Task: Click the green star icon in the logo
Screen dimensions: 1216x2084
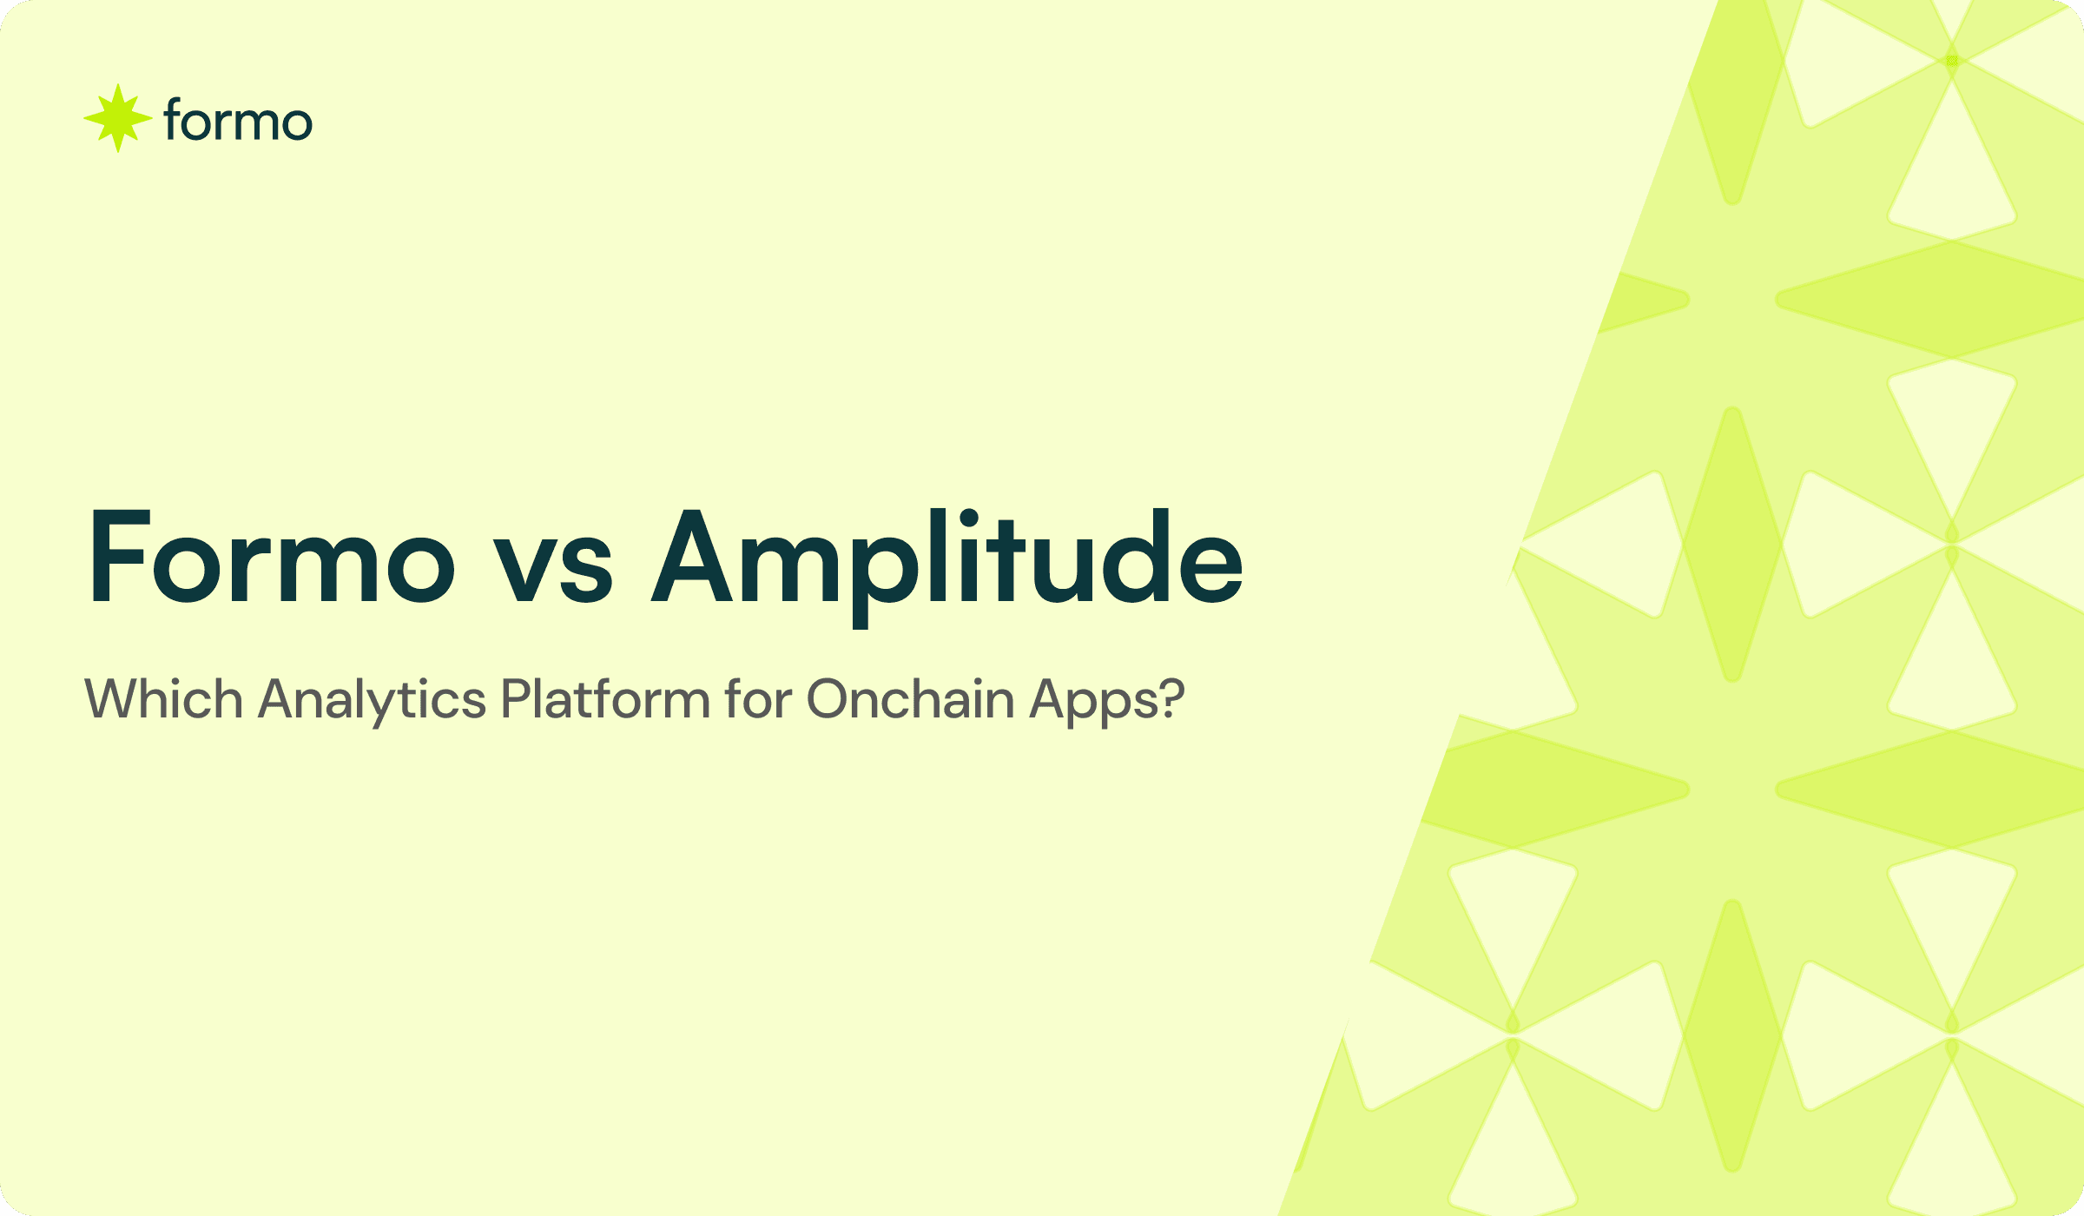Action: [118, 119]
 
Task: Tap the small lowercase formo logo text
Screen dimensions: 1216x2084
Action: [237, 121]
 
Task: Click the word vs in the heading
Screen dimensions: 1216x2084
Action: [553, 569]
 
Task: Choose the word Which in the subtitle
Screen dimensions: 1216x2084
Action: [163, 699]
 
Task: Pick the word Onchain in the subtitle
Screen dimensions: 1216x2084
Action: [910, 699]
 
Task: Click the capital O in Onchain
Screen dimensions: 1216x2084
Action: [831, 699]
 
